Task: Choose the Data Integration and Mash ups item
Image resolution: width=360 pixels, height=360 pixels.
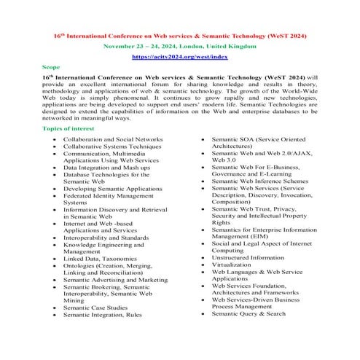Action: click(x=106, y=167)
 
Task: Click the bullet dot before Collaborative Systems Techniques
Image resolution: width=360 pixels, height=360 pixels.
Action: click(x=55, y=146)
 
